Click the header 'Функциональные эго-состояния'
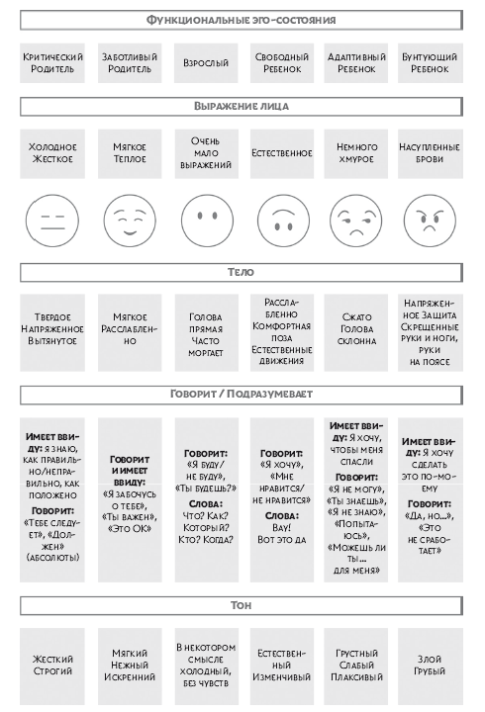click(x=241, y=20)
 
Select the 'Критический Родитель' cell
click(x=52, y=63)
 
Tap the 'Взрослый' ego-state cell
click(x=206, y=63)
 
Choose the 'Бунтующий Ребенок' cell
click(x=430, y=63)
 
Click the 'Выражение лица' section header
click(x=241, y=106)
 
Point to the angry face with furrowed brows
click(x=430, y=221)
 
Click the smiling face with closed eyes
click(x=130, y=221)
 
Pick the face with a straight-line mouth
click(x=52, y=221)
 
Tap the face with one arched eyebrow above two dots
click(x=283, y=221)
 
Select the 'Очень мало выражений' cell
click(x=206, y=153)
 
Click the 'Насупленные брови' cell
click(x=430, y=153)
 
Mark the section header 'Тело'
click(x=241, y=273)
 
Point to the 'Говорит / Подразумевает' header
click(x=241, y=395)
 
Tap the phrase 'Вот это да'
click(x=282, y=540)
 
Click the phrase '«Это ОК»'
click(x=130, y=529)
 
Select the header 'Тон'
click(x=241, y=606)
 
